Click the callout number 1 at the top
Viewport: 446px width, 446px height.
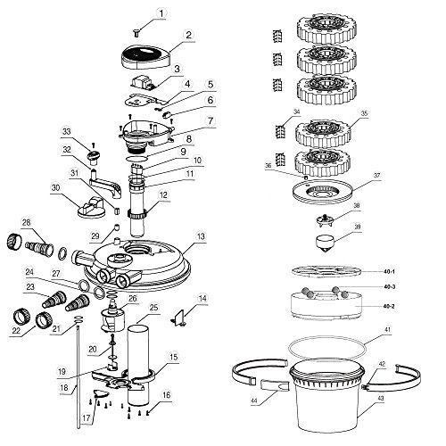tap(161, 13)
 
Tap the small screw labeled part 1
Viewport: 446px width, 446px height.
tap(137, 32)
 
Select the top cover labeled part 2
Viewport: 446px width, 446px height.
tap(146, 56)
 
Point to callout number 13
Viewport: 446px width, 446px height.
tap(202, 236)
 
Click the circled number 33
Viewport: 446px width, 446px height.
tap(67, 132)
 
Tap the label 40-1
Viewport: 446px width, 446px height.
tap(389, 271)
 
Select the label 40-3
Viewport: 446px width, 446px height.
tap(389, 286)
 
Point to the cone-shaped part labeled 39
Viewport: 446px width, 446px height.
tap(324, 244)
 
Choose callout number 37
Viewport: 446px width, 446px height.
tap(377, 176)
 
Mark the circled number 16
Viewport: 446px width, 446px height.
tap(166, 394)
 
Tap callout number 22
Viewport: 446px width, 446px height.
tap(16, 330)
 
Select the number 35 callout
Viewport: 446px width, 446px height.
tap(364, 113)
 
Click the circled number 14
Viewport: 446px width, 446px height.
tap(202, 298)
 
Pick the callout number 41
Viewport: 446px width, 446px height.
tap(387, 329)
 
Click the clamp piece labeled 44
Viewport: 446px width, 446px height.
tap(275, 385)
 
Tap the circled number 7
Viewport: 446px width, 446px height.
tap(211, 121)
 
